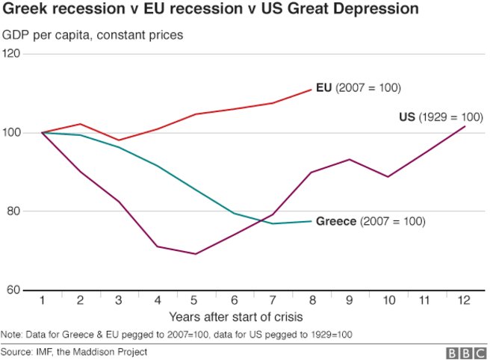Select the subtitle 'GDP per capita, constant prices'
tap(92, 35)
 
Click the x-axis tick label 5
tap(195, 300)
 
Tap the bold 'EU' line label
tap(324, 88)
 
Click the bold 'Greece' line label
tap(336, 222)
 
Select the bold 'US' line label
tap(407, 117)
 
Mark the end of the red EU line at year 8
tap(311, 90)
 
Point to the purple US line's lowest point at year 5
tap(195, 254)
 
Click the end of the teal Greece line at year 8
tap(311, 221)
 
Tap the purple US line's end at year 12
tap(465, 126)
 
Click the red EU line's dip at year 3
tap(119, 140)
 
